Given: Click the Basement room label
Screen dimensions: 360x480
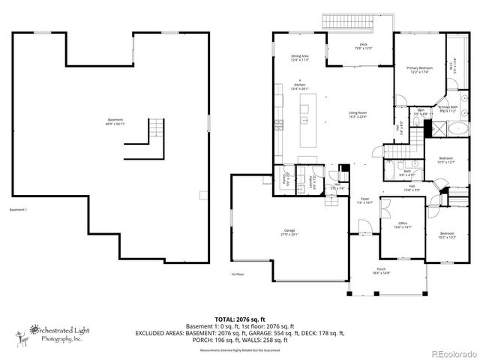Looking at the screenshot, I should click(116, 121).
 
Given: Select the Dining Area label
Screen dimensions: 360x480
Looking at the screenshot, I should click(301, 58).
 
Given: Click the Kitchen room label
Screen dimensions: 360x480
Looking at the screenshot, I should click(301, 86).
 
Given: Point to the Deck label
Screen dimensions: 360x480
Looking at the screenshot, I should click(363, 46).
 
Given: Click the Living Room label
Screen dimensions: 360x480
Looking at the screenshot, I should click(357, 115).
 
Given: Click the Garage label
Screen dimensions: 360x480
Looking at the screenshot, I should click(289, 232).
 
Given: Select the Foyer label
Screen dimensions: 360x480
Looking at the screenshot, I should click(364, 200).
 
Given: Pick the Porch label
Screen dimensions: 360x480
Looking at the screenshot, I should click(381, 272).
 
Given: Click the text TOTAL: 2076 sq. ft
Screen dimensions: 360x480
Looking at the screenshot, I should click(239, 318).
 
